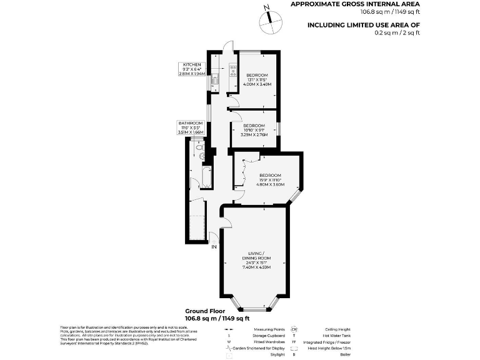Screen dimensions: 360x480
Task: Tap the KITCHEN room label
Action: click(192, 64)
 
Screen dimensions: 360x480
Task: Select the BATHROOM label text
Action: click(191, 123)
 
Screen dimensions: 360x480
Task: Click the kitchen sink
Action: click(214, 79)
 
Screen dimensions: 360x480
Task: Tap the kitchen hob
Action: click(233, 71)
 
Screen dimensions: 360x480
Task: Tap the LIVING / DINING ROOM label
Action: click(256, 261)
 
